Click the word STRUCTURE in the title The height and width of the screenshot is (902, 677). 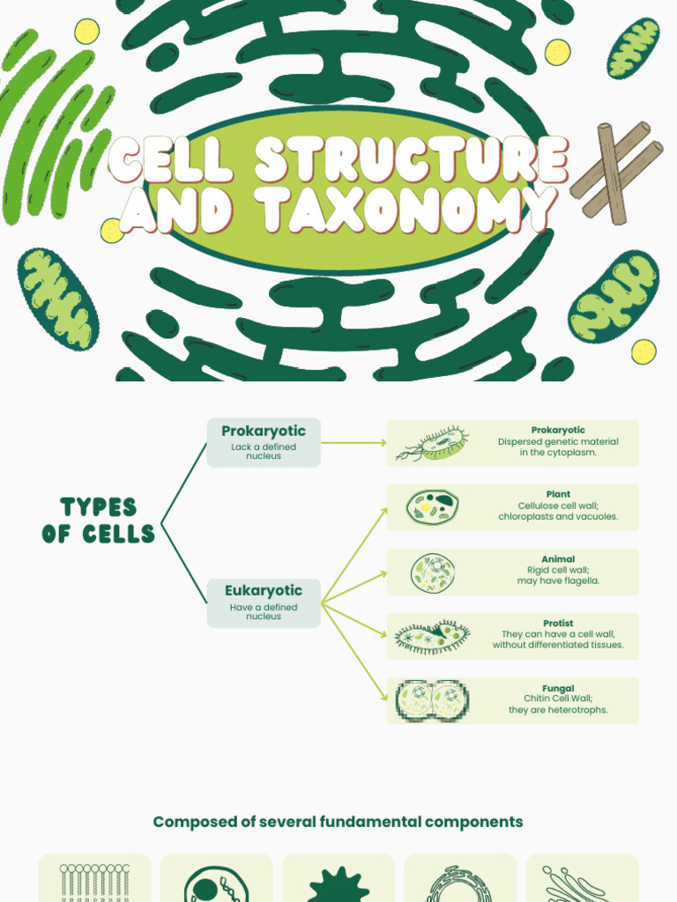tap(411, 160)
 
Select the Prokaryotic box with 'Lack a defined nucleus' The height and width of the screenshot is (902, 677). tap(264, 442)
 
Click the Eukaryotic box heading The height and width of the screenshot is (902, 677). tap(264, 591)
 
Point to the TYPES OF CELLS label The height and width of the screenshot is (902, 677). tap(98, 520)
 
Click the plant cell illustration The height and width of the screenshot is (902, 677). tap(432, 506)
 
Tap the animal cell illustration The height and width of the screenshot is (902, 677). tap(433, 573)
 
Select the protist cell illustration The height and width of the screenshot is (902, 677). tap(432, 637)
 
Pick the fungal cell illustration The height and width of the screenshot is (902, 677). tap(432, 701)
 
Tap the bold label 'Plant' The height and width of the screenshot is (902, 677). tap(558, 495)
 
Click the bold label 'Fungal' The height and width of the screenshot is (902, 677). tap(558, 689)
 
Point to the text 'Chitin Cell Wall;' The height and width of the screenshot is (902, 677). tap(558, 699)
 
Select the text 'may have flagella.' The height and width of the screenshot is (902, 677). tap(558, 581)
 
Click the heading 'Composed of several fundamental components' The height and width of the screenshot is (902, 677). tap(338, 822)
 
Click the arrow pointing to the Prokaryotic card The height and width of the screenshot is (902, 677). tap(353, 442)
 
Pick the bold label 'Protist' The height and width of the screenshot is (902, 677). tap(558, 624)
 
